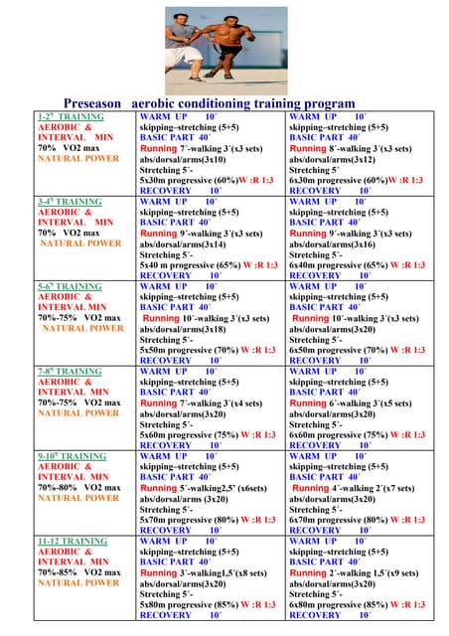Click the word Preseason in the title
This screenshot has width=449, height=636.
[90, 103]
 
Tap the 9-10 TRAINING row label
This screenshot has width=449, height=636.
[71, 456]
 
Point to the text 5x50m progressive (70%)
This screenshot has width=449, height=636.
[189, 350]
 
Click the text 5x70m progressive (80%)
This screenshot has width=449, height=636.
[189, 519]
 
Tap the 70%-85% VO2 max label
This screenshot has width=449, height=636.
[79, 572]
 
